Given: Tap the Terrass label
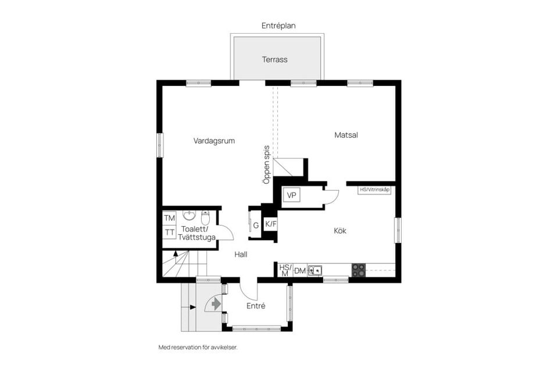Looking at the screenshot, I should pos(275,59).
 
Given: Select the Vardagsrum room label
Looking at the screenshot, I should pos(214,140).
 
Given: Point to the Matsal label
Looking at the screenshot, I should pos(346,135).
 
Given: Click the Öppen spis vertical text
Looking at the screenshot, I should pos(266,164).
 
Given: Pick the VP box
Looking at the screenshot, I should pos(291,195).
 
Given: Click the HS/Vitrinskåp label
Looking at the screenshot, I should pos(374,189).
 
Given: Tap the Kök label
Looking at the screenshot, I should pos(340,231).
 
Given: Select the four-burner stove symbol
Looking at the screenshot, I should pos(359,270).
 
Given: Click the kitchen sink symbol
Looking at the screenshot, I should pos(314,270).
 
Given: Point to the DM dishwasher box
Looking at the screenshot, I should pos(300,271).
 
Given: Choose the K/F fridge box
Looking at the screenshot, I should pos(270,224).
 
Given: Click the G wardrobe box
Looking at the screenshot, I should pos(255,226).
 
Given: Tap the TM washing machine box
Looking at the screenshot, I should pos(169,218).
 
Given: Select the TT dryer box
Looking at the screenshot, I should pos(169,233).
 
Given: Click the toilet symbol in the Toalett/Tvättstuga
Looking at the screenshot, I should pos(205,218).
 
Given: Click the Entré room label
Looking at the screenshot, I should pos(256,306).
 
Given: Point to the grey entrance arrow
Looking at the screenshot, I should pos(215,303).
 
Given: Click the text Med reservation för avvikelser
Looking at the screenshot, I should pos(198,347).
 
